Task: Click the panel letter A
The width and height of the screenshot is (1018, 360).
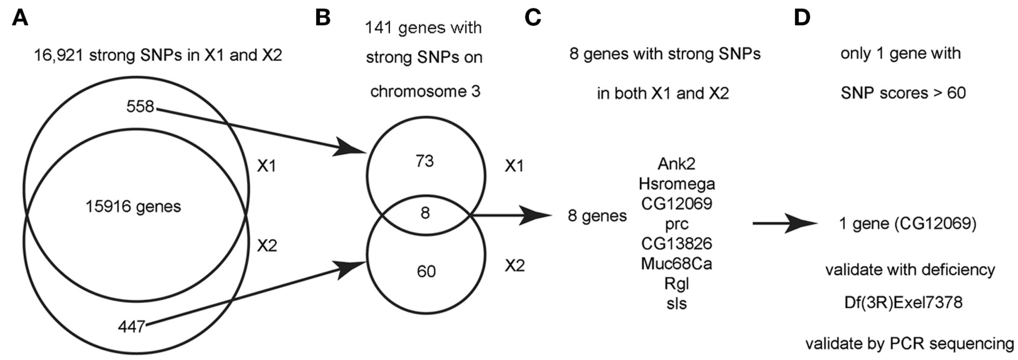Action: coord(20,18)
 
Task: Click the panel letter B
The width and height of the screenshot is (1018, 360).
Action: coord(323,18)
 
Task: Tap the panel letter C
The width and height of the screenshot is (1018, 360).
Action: coord(533,18)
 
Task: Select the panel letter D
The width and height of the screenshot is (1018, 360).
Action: coord(802,18)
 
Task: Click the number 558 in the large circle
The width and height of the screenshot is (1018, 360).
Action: coord(140,107)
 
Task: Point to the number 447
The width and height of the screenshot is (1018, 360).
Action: coord(132,327)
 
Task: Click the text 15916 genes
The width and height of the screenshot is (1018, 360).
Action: coord(133,207)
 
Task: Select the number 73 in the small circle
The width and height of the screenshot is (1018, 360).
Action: coord(425,161)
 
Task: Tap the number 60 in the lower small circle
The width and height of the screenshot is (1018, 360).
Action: coord(426,271)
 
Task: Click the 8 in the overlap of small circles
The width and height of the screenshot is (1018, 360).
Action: coord(425,213)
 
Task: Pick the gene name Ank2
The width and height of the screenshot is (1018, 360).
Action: coord(676,164)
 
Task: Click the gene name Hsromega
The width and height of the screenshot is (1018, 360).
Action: coord(676,184)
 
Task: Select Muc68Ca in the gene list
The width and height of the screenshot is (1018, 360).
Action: coord(676,264)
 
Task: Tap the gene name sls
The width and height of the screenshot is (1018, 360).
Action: coord(676,304)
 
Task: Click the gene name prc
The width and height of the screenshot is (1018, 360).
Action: coord(676,224)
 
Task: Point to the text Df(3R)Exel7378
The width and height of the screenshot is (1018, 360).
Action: coord(903,303)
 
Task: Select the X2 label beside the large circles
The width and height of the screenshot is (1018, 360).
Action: coord(267,246)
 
